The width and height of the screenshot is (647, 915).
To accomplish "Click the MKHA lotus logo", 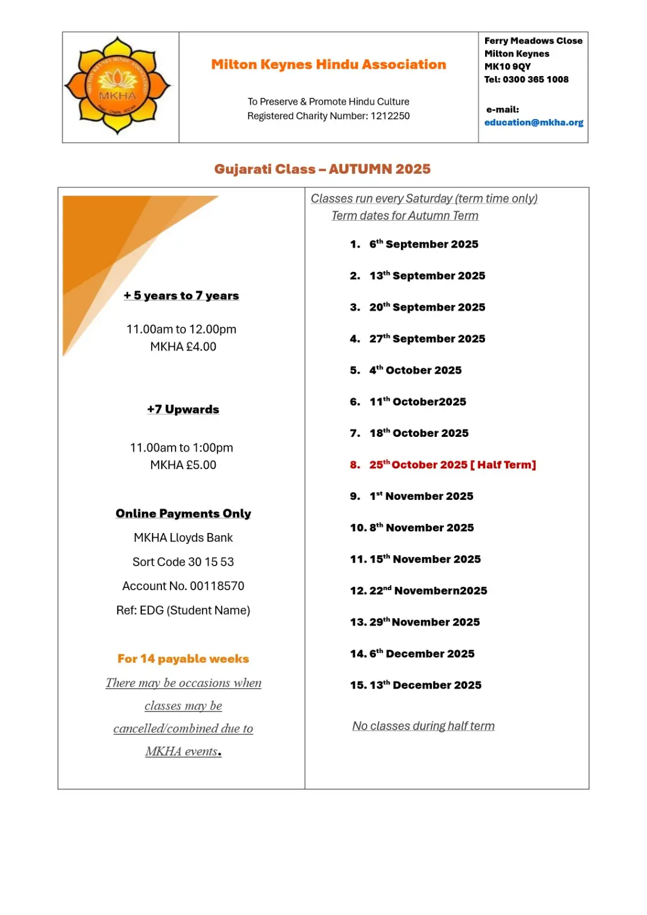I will click(x=117, y=86).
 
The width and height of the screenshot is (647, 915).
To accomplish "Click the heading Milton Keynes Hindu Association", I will click(x=328, y=65).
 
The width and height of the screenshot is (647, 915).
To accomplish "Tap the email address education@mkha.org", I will click(x=533, y=122).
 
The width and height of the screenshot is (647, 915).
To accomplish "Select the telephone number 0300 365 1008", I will click(x=535, y=79).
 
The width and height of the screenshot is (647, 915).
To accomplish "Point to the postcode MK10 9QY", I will click(x=507, y=66).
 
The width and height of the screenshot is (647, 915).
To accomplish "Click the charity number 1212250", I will click(x=390, y=116).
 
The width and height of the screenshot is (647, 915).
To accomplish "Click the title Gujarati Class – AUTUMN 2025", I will click(x=322, y=169).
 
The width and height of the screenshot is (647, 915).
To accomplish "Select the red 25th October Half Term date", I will click(x=452, y=465).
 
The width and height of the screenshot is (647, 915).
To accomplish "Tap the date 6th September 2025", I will click(x=423, y=244).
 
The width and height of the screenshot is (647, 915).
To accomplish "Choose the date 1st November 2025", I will click(x=421, y=496).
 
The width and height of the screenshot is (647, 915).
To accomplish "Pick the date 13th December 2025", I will click(x=425, y=685).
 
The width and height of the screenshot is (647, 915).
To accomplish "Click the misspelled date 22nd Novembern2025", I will click(x=428, y=591).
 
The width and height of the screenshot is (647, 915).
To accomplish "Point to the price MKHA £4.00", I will click(x=183, y=347).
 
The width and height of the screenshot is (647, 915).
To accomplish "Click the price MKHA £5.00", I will click(x=183, y=465).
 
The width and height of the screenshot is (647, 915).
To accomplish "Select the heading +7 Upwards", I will click(x=183, y=409).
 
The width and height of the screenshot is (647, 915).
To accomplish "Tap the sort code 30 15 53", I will click(x=211, y=562).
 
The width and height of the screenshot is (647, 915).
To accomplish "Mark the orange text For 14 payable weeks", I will click(x=183, y=659).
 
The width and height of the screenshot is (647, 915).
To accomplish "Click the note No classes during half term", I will click(x=423, y=726).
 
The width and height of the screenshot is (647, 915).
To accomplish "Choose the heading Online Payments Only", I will click(x=183, y=514).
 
